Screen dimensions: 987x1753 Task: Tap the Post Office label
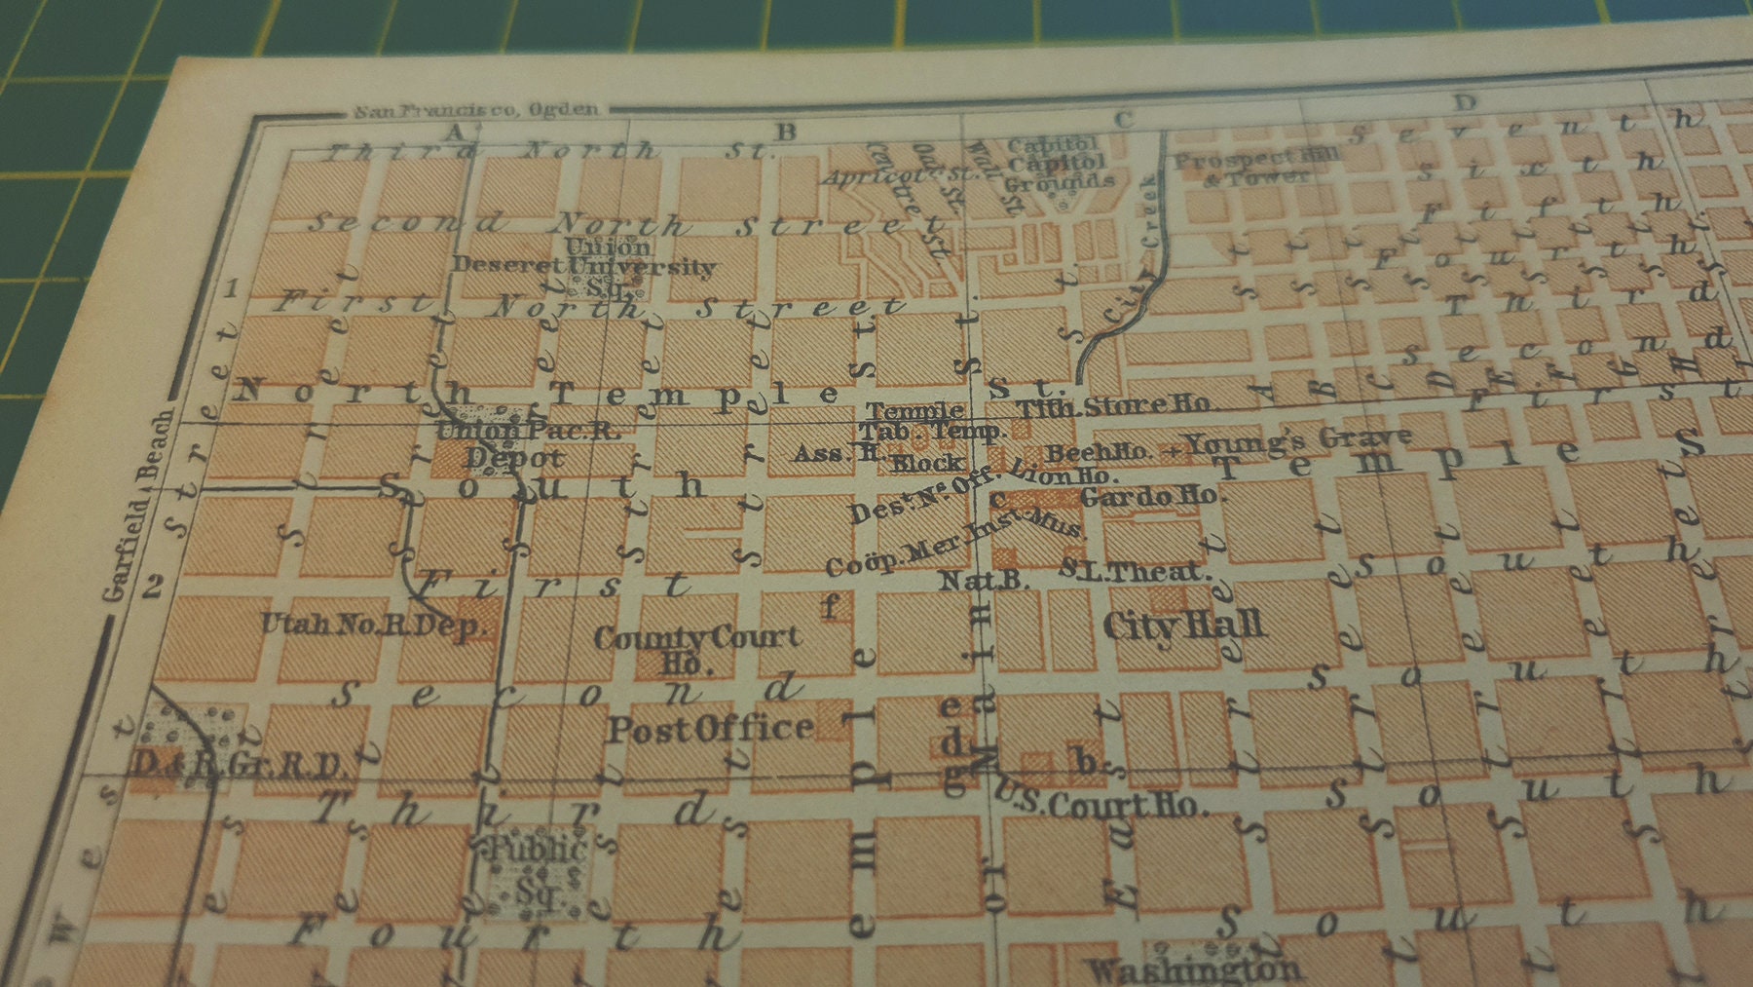point(710,729)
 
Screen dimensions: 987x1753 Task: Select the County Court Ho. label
point(696,647)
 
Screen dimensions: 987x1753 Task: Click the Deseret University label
point(584,265)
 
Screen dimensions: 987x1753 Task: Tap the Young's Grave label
point(1301,443)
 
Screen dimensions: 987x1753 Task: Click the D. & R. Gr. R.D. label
point(239,765)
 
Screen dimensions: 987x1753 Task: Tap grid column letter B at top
point(786,132)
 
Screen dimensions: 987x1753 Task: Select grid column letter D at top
point(1464,102)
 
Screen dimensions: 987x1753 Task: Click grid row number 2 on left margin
point(153,586)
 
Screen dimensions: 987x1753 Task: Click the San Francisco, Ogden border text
point(476,110)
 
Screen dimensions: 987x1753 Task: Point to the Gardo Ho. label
point(1149,496)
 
